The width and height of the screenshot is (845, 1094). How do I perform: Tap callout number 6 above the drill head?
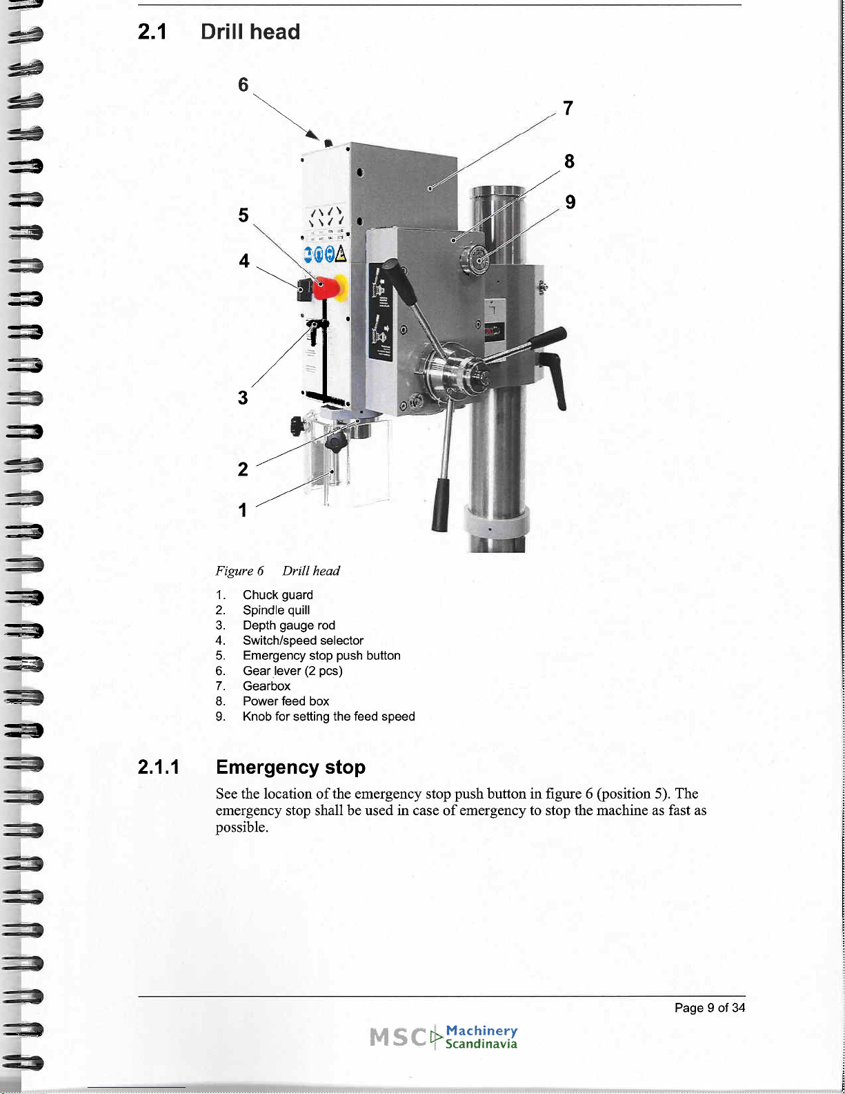pos(243,85)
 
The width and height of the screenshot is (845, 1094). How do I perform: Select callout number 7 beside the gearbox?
pos(568,108)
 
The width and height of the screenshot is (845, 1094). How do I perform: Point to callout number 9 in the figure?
pos(570,202)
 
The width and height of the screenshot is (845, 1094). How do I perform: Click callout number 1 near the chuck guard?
pos(243,510)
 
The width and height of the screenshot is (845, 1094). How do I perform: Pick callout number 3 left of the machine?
pos(243,398)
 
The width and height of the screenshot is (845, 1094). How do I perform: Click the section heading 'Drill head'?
pos(250,32)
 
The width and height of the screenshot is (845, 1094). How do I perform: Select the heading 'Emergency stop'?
pos(290,767)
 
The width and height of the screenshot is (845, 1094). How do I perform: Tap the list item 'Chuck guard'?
pos(277,595)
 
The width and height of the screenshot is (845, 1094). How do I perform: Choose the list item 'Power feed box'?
pos(286,701)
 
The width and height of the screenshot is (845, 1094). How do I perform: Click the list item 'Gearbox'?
pos(266,686)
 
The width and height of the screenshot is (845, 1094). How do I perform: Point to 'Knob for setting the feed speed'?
pos(329,716)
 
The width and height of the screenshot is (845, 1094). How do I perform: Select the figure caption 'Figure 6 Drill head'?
pos(277,571)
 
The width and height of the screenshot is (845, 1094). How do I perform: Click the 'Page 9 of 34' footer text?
pos(710,1008)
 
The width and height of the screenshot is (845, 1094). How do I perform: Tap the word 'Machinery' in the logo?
pos(481,1030)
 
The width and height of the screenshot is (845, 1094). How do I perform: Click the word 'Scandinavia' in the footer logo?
pos(481,1044)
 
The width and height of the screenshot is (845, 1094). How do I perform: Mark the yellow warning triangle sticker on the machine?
pos(341,254)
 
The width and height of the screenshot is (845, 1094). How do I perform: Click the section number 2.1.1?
pos(159,768)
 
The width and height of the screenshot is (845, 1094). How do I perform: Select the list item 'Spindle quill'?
pos(276,611)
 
